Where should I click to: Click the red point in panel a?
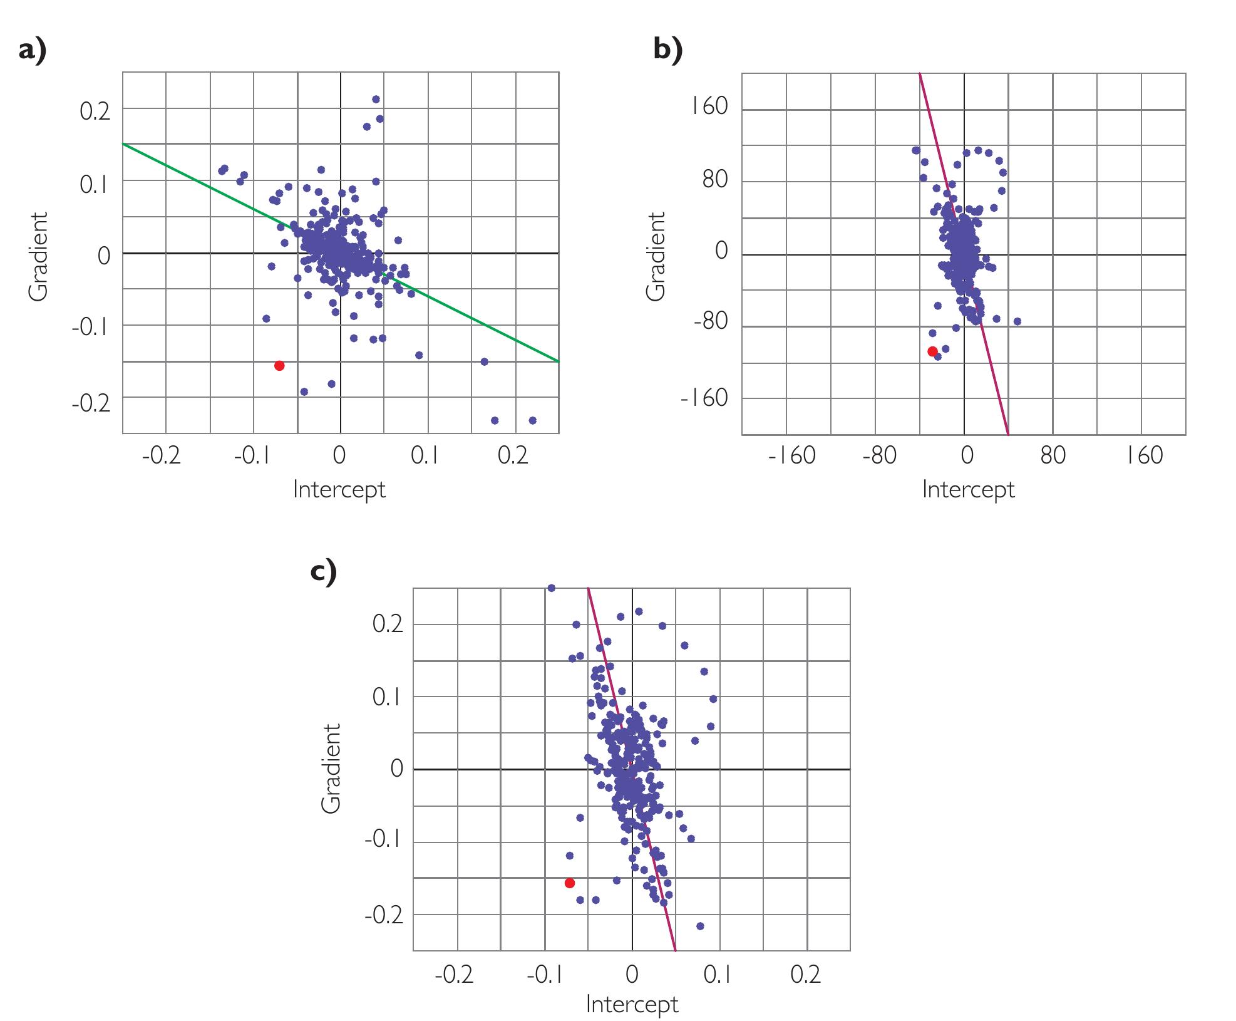pyautogui.click(x=279, y=366)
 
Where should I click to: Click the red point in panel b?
pyautogui.click(x=932, y=351)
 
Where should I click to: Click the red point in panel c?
pyautogui.click(x=569, y=883)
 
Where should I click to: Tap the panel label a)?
pyautogui.click(x=33, y=50)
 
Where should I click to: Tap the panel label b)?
pyautogui.click(x=668, y=50)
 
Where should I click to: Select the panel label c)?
pyautogui.click(x=324, y=573)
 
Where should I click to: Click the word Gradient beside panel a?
pyautogui.click(x=38, y=256)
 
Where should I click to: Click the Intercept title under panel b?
pyautogui.click(x=968, y=489)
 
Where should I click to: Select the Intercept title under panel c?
pyautogui.click(x=632, y=1004)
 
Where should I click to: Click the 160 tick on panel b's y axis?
pyautogui.click(x=709, y=107)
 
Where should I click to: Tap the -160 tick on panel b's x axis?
pyautogui.click(x=791, y=455)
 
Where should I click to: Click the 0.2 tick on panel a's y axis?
pyautogui.click(x=95, y=112)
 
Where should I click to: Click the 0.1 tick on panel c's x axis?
pyautogui.click(x=717, y=975)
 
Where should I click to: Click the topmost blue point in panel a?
pyautogui.click(x=376, y=99)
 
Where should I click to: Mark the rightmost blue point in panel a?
pyautogui.click(x=532, y=420)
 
